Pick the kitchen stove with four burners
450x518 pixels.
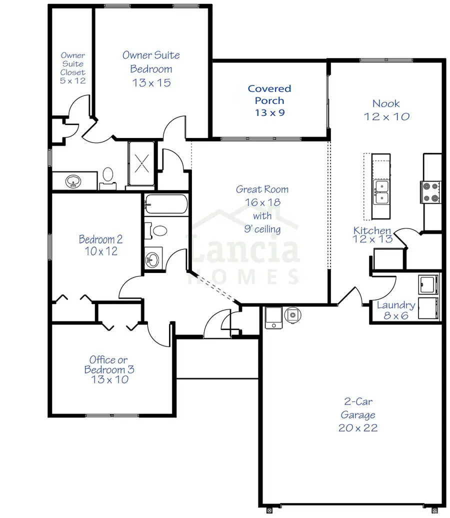click(x=430, y=192)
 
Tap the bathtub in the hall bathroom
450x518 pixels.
click(x=166, y=204)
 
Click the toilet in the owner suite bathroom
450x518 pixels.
click(x=108, y=177)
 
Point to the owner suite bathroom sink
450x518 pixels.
click(x=74, y=181)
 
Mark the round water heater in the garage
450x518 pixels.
click(x=292, y=314)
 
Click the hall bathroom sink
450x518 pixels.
click(x=153, y=259)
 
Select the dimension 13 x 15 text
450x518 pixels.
click(x=151, y=83)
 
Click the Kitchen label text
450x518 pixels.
click(x=372, y=230)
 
